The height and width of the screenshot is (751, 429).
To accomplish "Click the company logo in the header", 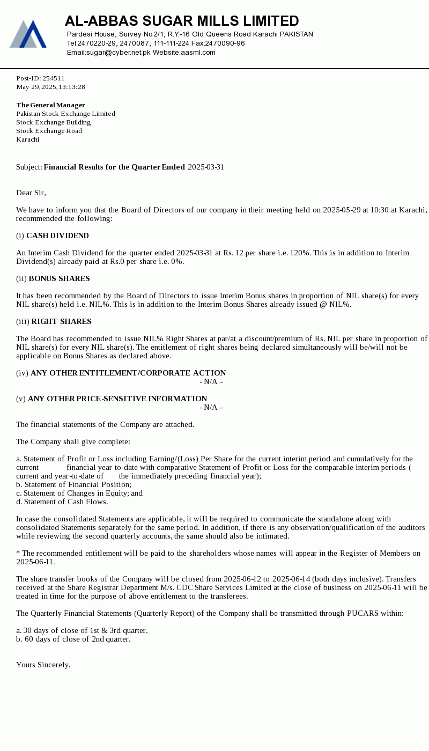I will pyautogui.click(x=28, y=34).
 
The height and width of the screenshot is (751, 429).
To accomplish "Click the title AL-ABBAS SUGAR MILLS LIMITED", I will pyautogui.click(x=182, y=21).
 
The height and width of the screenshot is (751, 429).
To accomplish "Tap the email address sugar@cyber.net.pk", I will pyautogui.click(x=119, y=53).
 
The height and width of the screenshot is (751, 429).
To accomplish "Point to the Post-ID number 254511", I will pyautogui.click(x=54, y=78).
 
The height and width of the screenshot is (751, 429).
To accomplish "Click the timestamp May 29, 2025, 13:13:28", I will pyautogui.click(x=50, y=87).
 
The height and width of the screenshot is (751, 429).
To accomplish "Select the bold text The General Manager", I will pyautogui.click(x=50, y=105).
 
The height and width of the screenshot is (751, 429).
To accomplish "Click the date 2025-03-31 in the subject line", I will pyautogui.click(x=206, y=167).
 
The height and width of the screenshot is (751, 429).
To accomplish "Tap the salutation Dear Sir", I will pyautogui.click(x=31, y=193).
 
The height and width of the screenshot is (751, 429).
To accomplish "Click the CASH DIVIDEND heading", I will pyautogui.click(x=57, y=235).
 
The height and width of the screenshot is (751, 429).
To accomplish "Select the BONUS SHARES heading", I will pyautogui.click(x=59, y=278).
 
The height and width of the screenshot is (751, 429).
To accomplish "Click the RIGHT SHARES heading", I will pyautogui.click(x=61, y=321).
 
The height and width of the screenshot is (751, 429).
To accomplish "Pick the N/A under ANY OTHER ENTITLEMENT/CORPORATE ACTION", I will pyautogui.click(x=211, y=381).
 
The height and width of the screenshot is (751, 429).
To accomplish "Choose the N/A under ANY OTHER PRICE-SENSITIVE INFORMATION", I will pyautogui.click(x=211, y=407).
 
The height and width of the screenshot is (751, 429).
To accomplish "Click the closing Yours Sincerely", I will pyautogui.click(x=43, y=665).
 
